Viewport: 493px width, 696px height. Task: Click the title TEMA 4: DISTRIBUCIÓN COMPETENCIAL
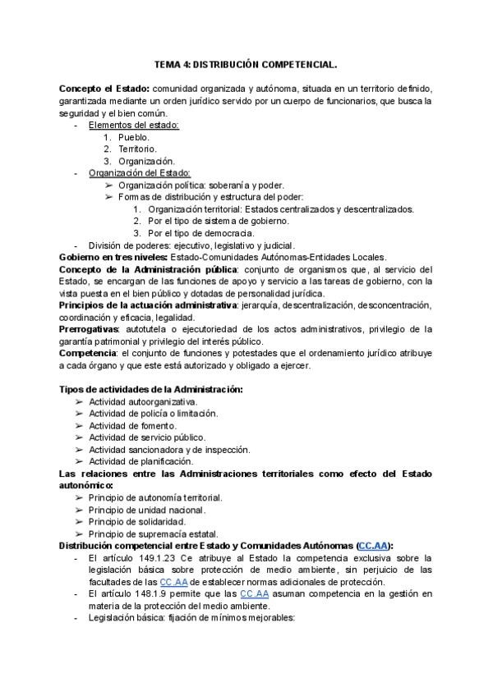coord(246,63)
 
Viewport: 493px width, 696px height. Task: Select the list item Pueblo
coord(133,137)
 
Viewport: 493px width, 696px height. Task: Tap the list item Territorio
coord(136,149)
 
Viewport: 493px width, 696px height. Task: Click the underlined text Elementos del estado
coord(133,125)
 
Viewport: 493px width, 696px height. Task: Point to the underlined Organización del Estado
coord(140,173)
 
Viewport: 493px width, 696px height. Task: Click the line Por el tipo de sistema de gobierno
coord(219,221)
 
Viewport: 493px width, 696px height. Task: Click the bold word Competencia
coord(85,353)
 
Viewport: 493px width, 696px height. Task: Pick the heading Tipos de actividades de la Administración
coord(150,388)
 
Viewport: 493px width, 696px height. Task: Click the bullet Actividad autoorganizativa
coord(143,401)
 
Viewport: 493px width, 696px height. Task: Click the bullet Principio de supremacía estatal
coord(154,533)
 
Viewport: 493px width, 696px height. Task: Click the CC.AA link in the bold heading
coord(375,546)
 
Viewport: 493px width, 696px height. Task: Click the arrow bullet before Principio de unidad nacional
coord(79,510)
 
